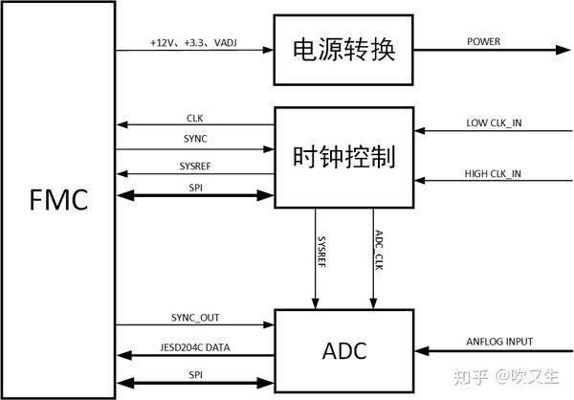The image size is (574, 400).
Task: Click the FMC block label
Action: pyautogui.click(x=59, y=200)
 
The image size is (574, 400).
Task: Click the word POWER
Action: pyautogui.click(x=483, y=42)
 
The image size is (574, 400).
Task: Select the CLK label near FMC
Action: pyautogui.click(x=194, y=119)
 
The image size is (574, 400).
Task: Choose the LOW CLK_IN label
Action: pyautogui.click(x=494, y=123)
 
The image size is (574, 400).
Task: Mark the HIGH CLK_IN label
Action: pyautogui.click(x=494, y=173)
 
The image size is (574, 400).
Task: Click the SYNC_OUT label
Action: pyautogui.click(x=195, y=319)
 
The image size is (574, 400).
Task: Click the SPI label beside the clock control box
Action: pyautogui.click(x=194, y=187)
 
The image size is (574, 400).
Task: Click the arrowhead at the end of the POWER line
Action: pyautogui.click(x=562, y=51)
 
